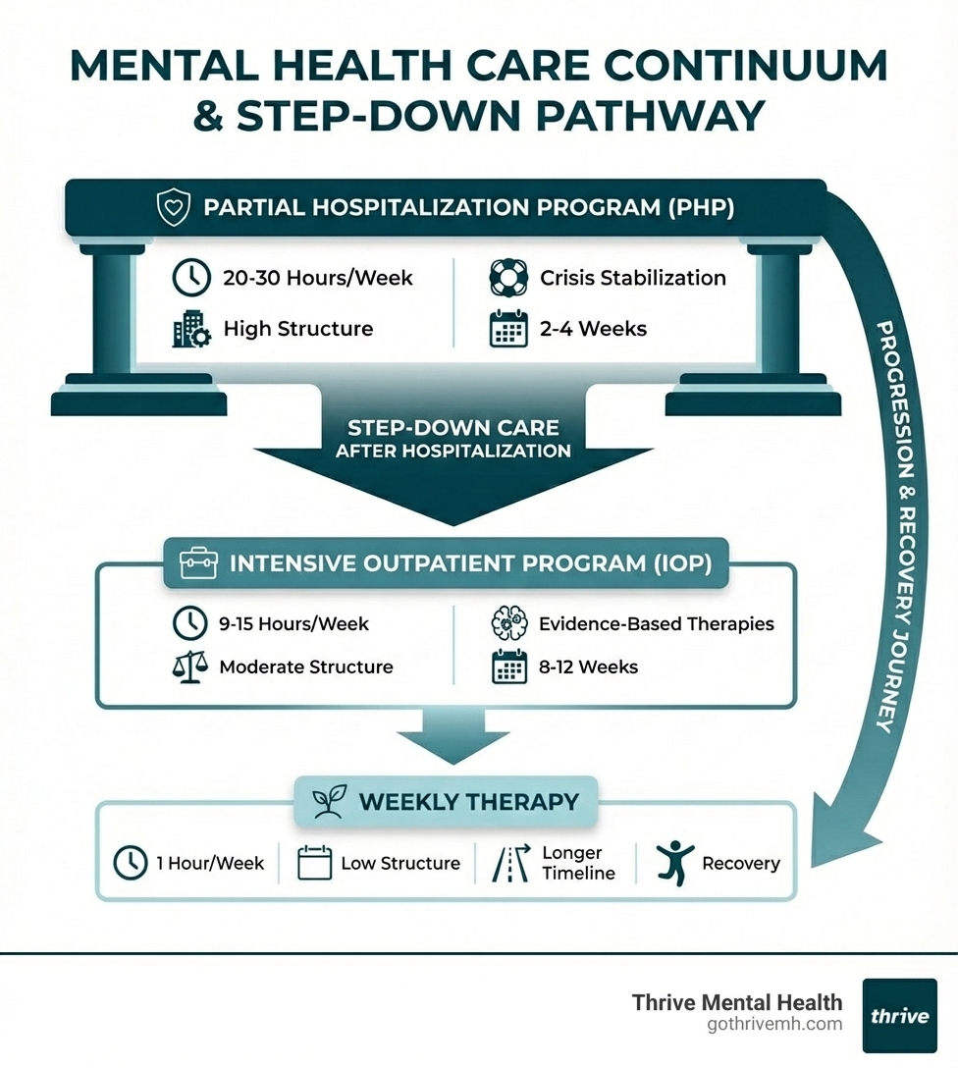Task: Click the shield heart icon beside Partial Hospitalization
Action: coord(173,208)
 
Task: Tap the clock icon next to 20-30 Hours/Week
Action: coord(190,278)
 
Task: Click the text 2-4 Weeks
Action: coord(593,329)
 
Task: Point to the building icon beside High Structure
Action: coord(190,329)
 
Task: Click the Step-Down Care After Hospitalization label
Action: coord(452,439)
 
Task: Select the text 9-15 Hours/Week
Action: coord(293,623)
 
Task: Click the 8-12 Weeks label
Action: coord(588,667)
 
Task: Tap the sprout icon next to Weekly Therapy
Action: coord(326,802)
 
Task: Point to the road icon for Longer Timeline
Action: coord(509,863)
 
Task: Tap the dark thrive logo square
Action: coord(899,1016)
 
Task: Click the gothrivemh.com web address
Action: coord(774,1025)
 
